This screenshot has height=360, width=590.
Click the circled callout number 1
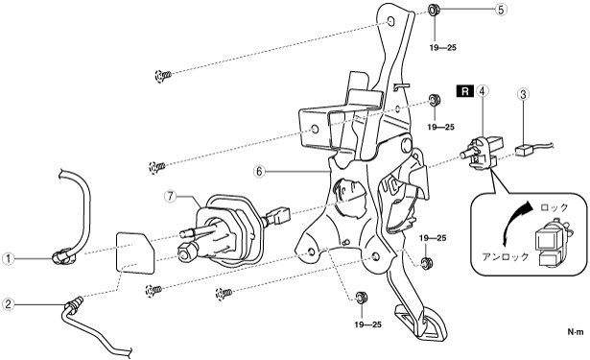(x=9, y=258)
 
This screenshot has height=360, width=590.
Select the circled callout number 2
(x=9, y=304)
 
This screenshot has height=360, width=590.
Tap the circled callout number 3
(x=523, y=94)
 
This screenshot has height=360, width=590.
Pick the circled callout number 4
(x=482, y=91)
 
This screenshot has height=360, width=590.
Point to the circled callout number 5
(x=500, y=10)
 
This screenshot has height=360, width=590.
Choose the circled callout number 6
(x=259, y=171)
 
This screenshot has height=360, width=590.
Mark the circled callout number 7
(x=171, y=197)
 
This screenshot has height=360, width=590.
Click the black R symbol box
(x=465, y=91)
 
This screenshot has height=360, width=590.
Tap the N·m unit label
(x=576, y=332)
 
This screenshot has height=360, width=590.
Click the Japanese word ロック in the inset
(x=554, y=208)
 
